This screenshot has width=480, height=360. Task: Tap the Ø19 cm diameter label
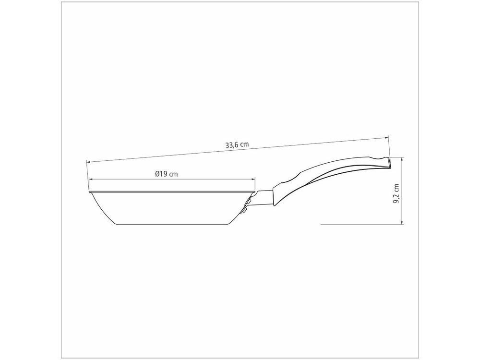click(x=167, y=174)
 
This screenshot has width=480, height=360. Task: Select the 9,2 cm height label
click(x=396, y=194)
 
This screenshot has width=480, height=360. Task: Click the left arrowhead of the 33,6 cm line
click(x=88, y=162)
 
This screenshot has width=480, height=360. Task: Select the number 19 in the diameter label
click(x=164, y=174)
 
